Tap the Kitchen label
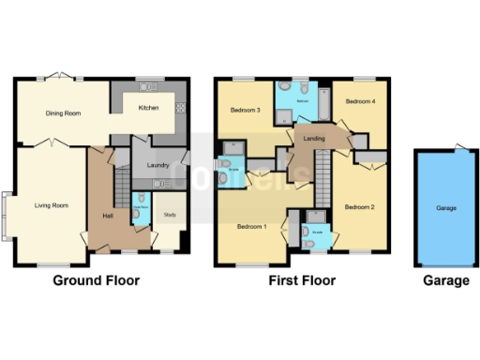click(148, 108)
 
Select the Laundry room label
click(157, 166)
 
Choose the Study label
click(169, 215)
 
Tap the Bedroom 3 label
click(246, 111)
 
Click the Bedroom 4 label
click(359, 100)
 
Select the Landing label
click(313, 138)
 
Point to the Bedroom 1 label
click(251, 227)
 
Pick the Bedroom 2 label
click(359, 206)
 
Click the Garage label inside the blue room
click(446, 207)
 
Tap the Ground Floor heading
click(96, 280)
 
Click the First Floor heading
click(302, 280)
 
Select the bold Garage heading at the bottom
click(446, 280)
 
